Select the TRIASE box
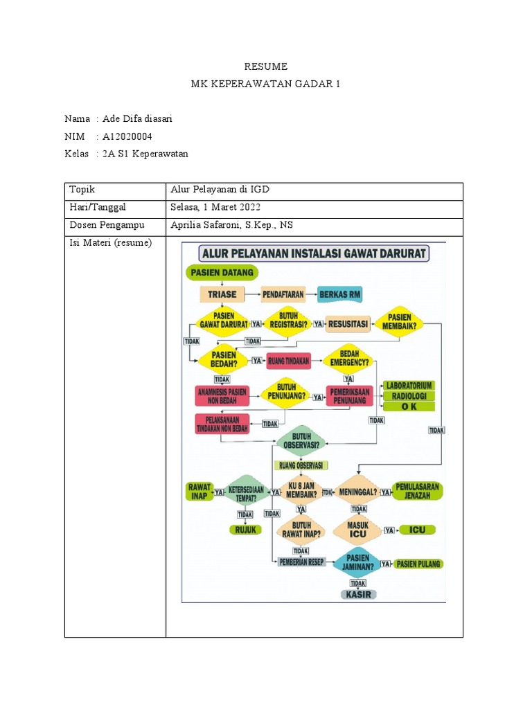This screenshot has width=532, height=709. tap(222, 294)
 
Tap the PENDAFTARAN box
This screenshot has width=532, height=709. tap(283, 294)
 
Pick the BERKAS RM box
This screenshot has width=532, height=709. tap(339, 294)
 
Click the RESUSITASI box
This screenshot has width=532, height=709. tap(348, 323)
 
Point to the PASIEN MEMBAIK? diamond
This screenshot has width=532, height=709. tap(400, 323)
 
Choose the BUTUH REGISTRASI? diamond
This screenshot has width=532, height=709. tap(288, 323)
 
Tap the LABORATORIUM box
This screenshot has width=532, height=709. tap(410, 385)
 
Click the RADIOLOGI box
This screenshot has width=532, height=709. tap(410, 396)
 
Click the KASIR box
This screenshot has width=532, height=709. tap(358, 595)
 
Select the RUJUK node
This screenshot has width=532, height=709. tap(246, 530)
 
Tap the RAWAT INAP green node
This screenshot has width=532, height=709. tap(199, 491)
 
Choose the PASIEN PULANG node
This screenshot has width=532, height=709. tap(419, 564)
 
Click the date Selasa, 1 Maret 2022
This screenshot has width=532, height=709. tap(215, 207)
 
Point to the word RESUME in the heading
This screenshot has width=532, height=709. tap(265, 66)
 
